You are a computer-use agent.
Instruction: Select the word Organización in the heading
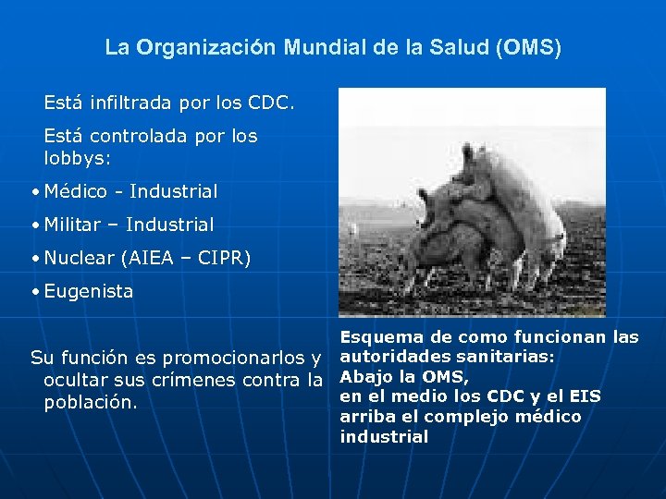205,47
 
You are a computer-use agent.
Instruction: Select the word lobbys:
78,158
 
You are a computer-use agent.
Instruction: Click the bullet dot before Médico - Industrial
34,192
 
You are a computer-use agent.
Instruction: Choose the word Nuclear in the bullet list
82,258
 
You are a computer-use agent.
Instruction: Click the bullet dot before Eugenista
34,292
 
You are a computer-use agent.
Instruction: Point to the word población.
90,403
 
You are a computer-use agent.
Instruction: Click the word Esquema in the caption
376,337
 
